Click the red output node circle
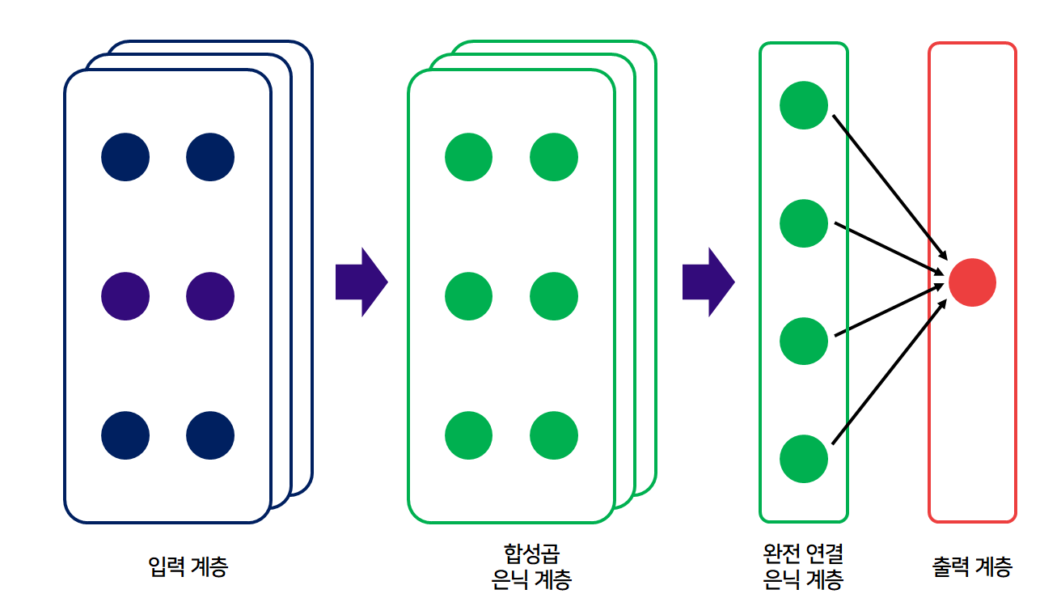tap(972, 282)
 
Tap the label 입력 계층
tap(188, 566)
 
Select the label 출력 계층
tap(971, 566)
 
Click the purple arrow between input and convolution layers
tap(361, 282)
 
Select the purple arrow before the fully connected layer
tap(708, 282)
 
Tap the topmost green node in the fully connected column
tap(804, 105)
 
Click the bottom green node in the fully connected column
tap(804, 459)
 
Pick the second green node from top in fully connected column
tap(804, 223)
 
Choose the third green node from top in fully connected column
tap(804, 341)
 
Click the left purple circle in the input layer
tap(125, 296)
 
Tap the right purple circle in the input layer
tap(210, 296)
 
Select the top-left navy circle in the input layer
tap(125, 157)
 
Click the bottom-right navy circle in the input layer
tap(210, 435)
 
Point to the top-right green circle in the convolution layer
tap(554, 157)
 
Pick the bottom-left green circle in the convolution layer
tap(468, 435)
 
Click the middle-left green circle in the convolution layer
tap(468, 296)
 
